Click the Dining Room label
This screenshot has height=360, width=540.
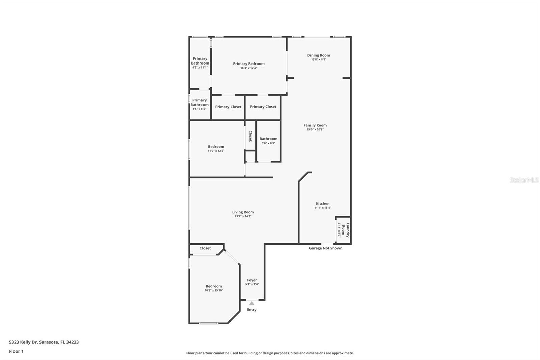tap(318, 55)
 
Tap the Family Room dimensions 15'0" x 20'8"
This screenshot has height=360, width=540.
tap(315, 130)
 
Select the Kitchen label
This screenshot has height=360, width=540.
tap(323, 204)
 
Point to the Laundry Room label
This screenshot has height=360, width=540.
tap(345, 230)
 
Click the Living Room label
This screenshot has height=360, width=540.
tap(243, 212)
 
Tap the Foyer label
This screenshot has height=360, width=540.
tap(252, 280)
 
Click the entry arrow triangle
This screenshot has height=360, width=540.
tap(252, 303)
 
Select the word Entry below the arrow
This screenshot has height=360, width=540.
tap(252, 310)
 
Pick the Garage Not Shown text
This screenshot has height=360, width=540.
tap(325, 248)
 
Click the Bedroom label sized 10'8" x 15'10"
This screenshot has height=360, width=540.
tap(214, 286)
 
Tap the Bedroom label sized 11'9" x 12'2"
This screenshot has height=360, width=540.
tap(216, 147)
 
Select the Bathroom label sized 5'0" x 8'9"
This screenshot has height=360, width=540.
tap(268, 139)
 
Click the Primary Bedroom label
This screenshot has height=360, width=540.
tap(248, 64)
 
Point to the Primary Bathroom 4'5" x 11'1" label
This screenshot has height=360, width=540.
tap(200, 61)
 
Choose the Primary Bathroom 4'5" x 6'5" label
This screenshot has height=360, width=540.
tap(199, 103)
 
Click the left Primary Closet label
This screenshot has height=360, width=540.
tap(228, 107)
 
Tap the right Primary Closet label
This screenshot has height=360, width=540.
tap(263, 107)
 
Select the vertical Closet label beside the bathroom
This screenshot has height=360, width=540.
tap(250, 136)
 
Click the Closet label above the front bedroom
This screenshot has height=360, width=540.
tap(205, 248)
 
